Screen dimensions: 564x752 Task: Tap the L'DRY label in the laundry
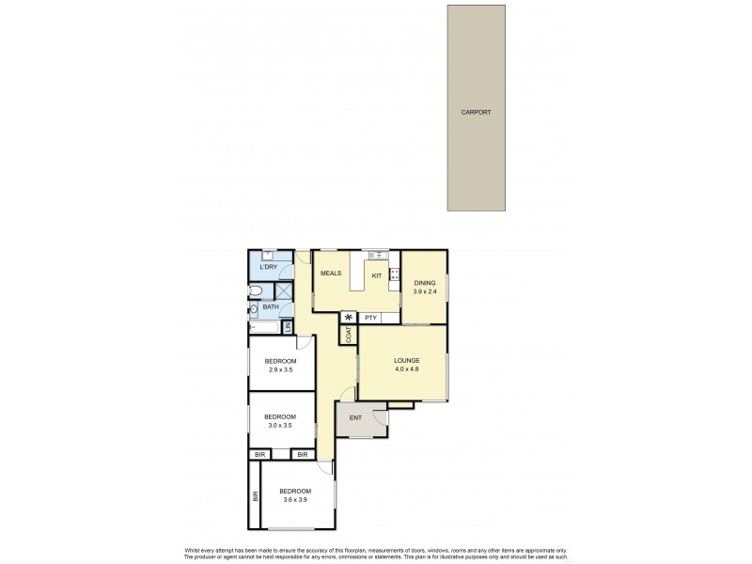269,268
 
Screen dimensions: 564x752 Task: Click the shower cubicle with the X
281,290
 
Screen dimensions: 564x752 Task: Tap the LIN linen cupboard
289,328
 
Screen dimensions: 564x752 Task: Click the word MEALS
330,274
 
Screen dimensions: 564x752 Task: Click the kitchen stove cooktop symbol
394,276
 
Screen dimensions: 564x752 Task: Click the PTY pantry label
370,319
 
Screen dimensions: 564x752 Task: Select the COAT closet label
348,336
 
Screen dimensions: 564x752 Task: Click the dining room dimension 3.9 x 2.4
426,291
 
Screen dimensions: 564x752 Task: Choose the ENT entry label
355,417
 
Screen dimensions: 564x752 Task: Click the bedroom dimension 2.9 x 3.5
280,369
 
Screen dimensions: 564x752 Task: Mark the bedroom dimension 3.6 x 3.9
295,499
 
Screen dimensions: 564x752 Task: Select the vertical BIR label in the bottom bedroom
255,495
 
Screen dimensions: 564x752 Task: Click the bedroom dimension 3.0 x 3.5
280,425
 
